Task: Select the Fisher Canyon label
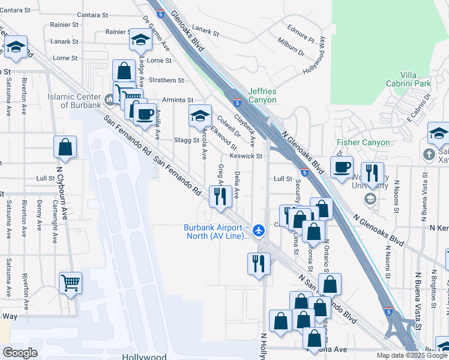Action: (x=363, y=143)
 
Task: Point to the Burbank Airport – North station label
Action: (x=216, y=232)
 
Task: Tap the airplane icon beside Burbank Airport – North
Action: (x=259, y=230)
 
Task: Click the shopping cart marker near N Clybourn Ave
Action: (x=70, y=282)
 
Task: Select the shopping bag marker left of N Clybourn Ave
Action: (x=65, y=147)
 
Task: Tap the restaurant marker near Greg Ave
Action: (x=220, y=196)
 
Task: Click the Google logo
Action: (x=19, y=353)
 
